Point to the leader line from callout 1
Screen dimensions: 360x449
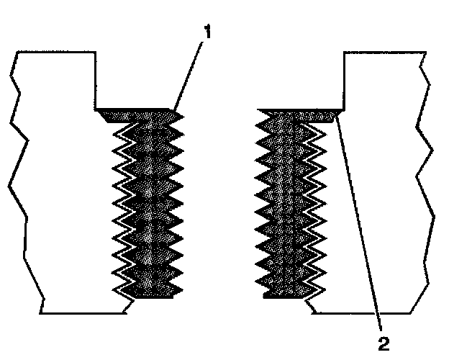tap(188, 72)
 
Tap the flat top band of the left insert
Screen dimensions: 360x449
tap(137, 114)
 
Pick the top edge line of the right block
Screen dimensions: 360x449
tap(381, 51)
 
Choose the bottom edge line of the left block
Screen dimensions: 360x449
tap(83, 313)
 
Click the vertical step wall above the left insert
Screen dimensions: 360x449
tap(97, 79)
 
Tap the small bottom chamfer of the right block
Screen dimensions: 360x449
tap(311, 307)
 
